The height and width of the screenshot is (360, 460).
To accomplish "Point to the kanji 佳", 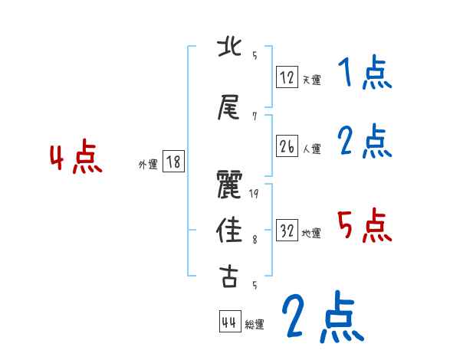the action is click(x=229, y=229).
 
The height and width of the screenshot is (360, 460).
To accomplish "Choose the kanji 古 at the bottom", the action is click(x=229, y=276).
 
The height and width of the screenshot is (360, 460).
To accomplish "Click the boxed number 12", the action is click(x=287, y=77).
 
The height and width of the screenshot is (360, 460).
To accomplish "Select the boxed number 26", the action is click(x=287, y=146).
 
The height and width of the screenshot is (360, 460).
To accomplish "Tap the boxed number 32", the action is click(x=287, y=231).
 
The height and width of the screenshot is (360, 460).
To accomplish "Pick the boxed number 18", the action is click(x=173, y=162).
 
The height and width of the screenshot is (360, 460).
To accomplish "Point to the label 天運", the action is click(x=312, y=79).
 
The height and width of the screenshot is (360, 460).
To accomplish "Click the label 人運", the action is click(x=312, y=149).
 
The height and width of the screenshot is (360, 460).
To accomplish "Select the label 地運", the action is click(x=312, y=233).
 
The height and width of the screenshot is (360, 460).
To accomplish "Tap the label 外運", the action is click(x=148, y=164).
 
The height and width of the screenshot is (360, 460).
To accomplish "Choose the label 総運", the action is click(x=255, y=324).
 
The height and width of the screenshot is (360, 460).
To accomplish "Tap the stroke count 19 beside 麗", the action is click(x=254, y=193).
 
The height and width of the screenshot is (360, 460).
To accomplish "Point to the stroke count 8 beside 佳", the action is click(x=254, y=240).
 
